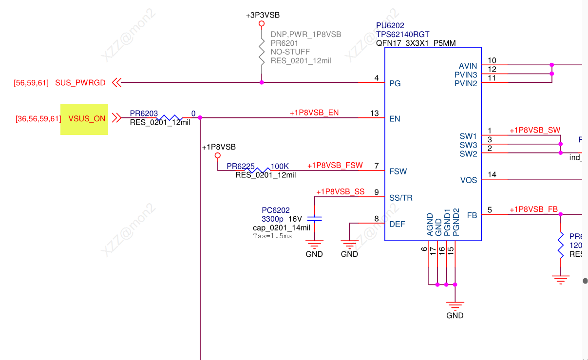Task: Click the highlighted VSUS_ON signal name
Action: [x=87, y=119]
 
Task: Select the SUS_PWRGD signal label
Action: [x=80, y=83]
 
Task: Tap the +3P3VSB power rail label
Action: [x=263, y=16]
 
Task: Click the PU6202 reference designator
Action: [x=390, y=25]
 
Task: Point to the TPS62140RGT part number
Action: [x=403, y=34]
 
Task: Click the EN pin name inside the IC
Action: [x=395, y=119]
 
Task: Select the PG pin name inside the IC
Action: [x=395, y=83]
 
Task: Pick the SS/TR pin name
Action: [x=401, y=198]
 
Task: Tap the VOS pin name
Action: [x=469, y=180]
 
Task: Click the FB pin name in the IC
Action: [x=472, y=215]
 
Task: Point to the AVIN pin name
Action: [x=468, y=66]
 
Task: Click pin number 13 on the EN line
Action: [x=374, y=114]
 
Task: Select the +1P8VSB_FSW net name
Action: [x=335, y=166]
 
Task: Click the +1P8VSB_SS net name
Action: [x=340, y=192]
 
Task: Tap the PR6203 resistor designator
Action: [x=144, y=114]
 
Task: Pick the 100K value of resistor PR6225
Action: [x=280, y=167]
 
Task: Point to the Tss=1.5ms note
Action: [x=272, y=236]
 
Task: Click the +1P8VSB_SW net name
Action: [x=535, y=131]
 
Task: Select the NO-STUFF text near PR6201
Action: [x=290, y=52]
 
